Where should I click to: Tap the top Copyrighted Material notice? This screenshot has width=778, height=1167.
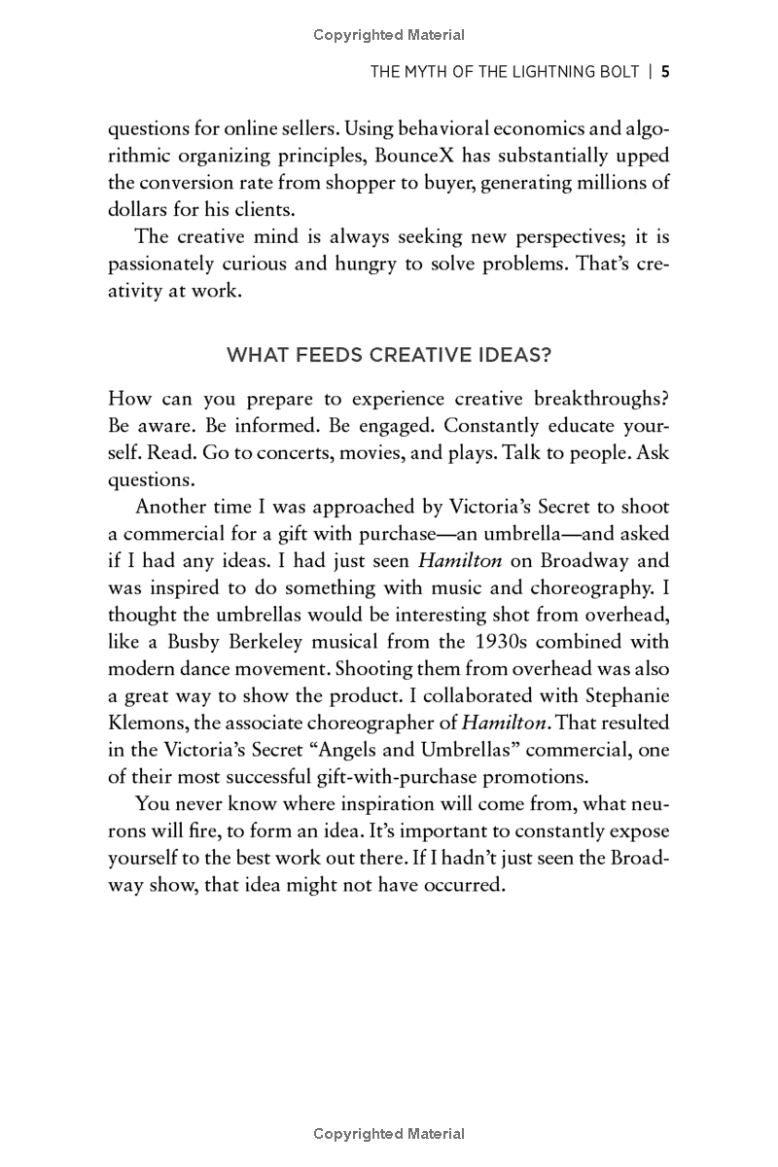tap(389, 35)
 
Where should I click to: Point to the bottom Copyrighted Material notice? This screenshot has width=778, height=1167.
tap(389, 1133)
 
